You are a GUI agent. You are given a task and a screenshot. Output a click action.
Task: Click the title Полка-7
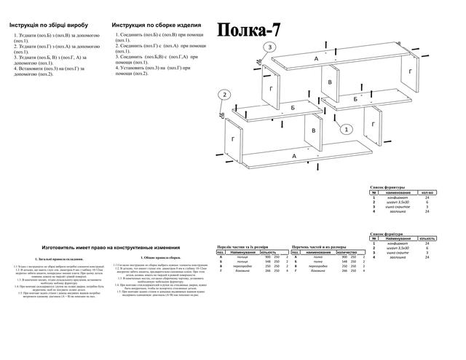point(248,28)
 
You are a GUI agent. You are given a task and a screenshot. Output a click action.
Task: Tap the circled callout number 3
point(269,47)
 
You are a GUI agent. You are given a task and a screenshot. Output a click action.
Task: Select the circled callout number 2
point(225,95)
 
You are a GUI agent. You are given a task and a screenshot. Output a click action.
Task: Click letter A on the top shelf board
point(316,58)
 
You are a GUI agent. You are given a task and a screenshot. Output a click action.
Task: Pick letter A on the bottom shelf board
point(294,156)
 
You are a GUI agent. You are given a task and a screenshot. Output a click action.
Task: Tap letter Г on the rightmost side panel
point(411,71)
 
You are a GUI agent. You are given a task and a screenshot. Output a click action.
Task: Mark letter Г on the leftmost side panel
point(232,138)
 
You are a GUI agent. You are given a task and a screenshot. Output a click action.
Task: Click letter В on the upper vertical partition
point(331,82)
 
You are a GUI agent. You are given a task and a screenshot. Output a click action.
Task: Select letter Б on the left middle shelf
point(293,107)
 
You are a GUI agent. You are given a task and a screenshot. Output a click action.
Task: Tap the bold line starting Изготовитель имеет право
point(111,247)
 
